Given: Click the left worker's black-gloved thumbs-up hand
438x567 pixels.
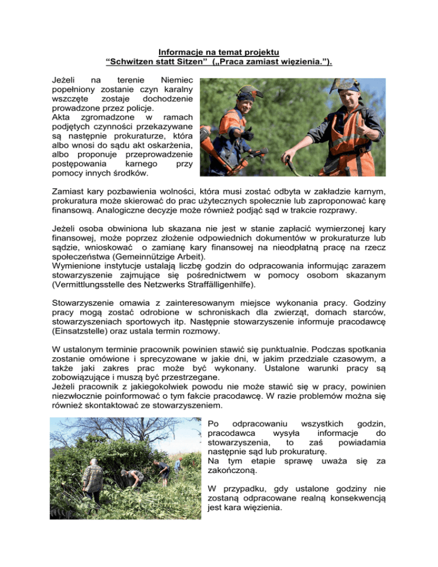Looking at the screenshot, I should (x=247, y=134).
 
